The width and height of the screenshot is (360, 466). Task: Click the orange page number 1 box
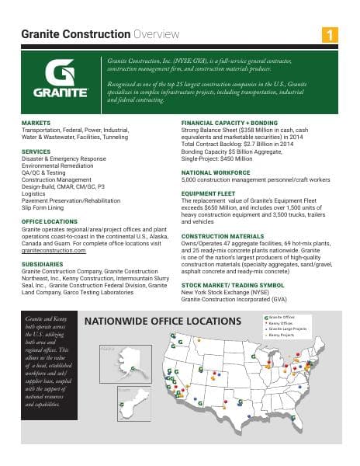(331, 34)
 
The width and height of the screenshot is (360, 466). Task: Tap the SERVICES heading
(36, 151)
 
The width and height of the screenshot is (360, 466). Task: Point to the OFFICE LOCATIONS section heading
(49, 222)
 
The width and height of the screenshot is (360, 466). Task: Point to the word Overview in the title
(156, 34)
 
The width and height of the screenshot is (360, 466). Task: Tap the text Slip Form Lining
(43, 208)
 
